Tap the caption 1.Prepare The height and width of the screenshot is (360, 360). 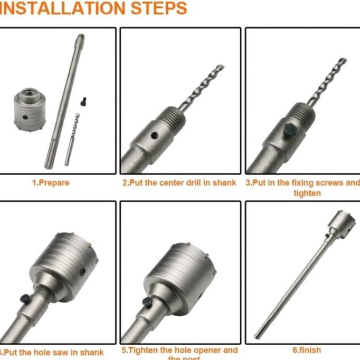pos(51,183)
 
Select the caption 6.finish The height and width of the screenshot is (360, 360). pos(307,349)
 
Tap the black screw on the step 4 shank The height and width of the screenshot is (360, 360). pos(25,298)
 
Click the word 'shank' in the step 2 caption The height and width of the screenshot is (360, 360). pos(224,183)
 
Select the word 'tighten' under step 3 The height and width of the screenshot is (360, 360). pos(307,193)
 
